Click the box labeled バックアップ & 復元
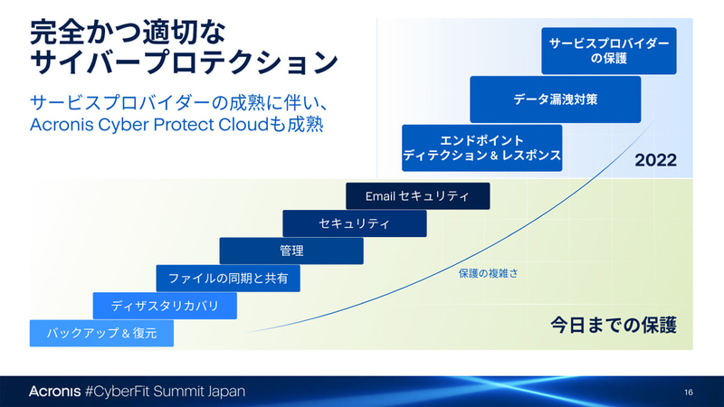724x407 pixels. pyautogui.click(x=101, y=334)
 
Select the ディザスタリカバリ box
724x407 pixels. pyautogui.click(x=165, y=306)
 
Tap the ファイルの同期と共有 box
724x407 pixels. pyautogui.click(x=228, y=279)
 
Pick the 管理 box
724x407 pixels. pyautogui.click(x=291, y=251)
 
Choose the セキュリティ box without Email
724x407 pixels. pyautogui.click(x=354, y=223)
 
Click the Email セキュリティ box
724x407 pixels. pyautogui.click(x=417, y=196)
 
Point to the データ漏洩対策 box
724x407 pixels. pyautogui.click(x=555, y=99)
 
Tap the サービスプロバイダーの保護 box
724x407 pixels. pyautogui.click(x=609, y=51)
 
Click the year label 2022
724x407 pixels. pyautogui.click(x=655, y=161)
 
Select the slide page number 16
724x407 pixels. pyautogui.click(x=689, y=392)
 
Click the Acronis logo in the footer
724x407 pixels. pyautogui.click(x=54, y=392)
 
